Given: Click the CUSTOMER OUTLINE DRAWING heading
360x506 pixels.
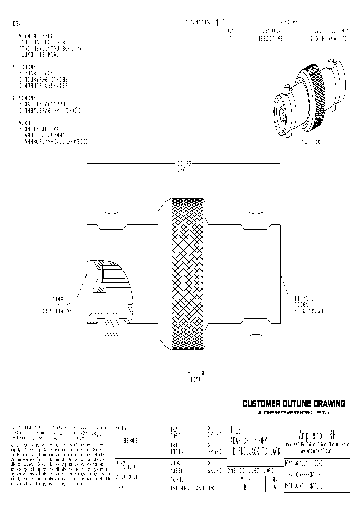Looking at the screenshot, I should [x=294, y=404].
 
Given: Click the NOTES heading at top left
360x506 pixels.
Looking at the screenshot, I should [x=16, y=24].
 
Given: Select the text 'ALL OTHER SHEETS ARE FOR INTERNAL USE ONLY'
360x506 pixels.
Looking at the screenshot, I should [x=294, y=412].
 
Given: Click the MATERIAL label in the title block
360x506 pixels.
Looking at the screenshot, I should [x=122, y=428].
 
